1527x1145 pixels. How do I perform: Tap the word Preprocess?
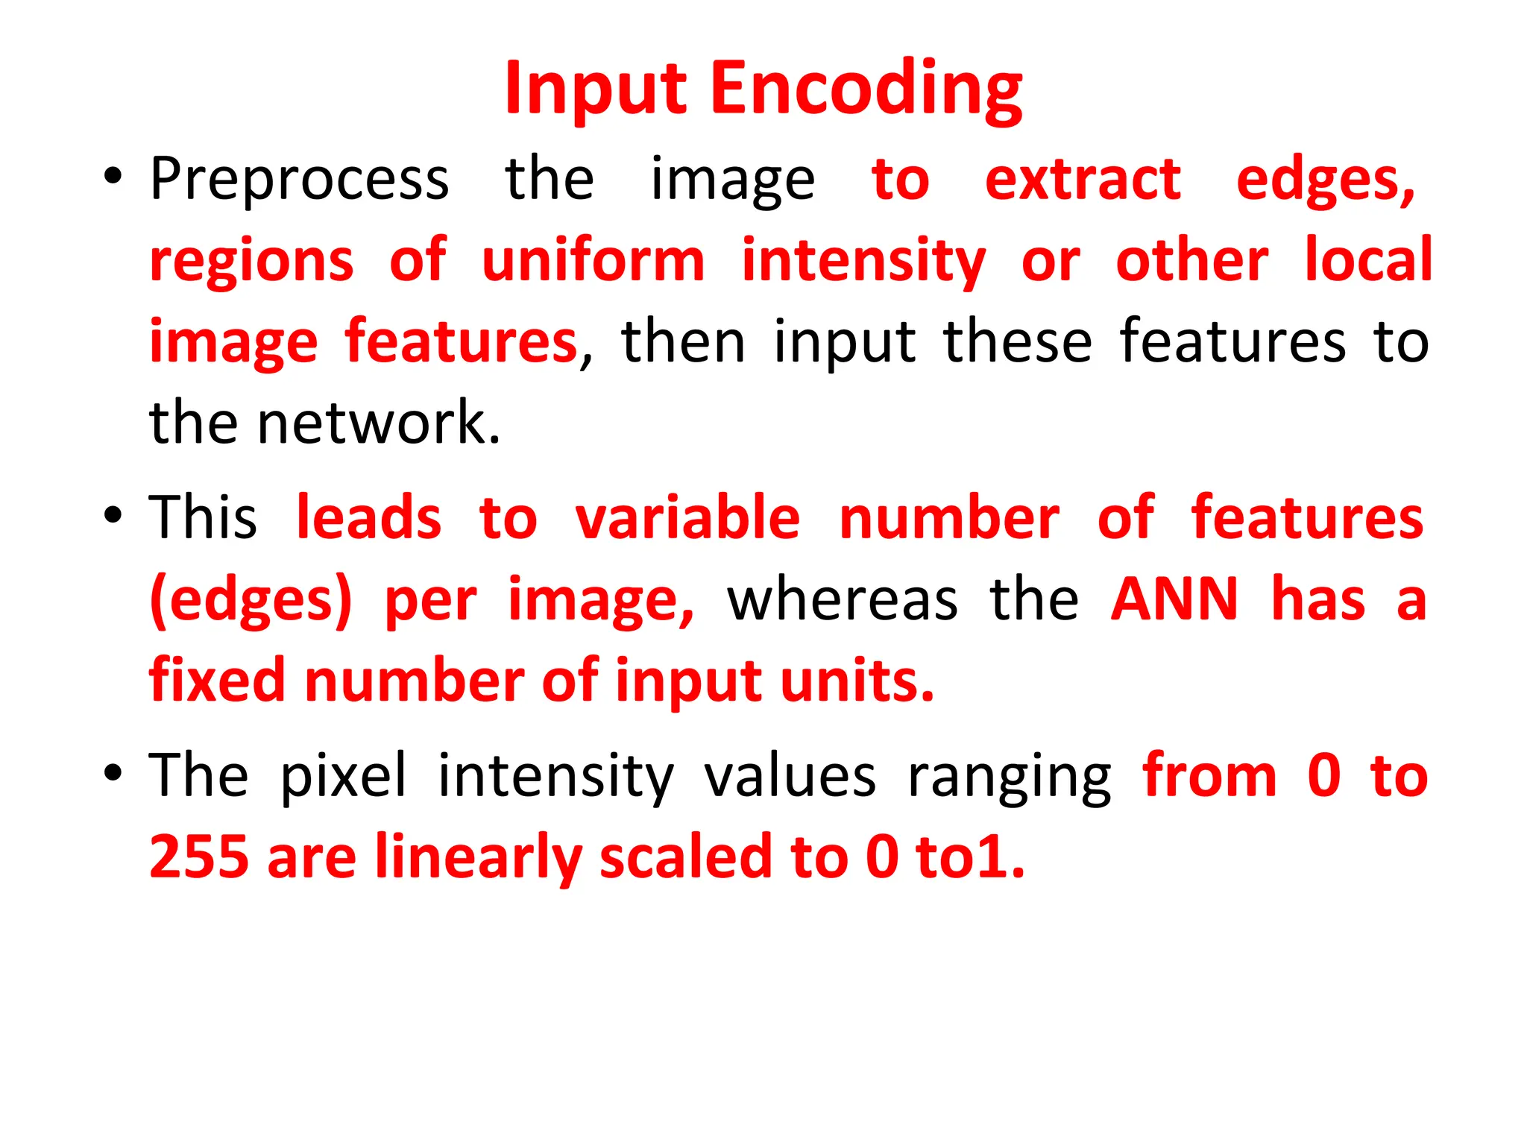pos(299,180)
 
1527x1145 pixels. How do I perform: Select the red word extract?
pos(1083,180)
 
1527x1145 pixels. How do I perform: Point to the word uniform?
pos(594,260)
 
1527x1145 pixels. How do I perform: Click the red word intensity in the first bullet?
pos(863,260)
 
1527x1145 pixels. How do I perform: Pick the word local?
pos(1368,260)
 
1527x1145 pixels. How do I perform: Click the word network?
pos(378,423)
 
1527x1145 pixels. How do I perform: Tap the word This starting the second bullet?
pos(203,517)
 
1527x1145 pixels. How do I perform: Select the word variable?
pos(687,517)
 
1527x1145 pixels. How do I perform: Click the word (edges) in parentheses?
pos(251,600)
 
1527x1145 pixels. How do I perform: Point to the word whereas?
pos(843,600)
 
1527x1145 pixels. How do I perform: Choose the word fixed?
pos(217,681)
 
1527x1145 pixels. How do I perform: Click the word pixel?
pos(344,776)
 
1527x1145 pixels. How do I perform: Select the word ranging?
pos(1010,776)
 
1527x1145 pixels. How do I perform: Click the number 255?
pos(198,857)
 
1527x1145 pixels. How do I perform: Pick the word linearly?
pos(478,857)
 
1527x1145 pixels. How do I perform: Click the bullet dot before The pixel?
pos(113,773)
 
